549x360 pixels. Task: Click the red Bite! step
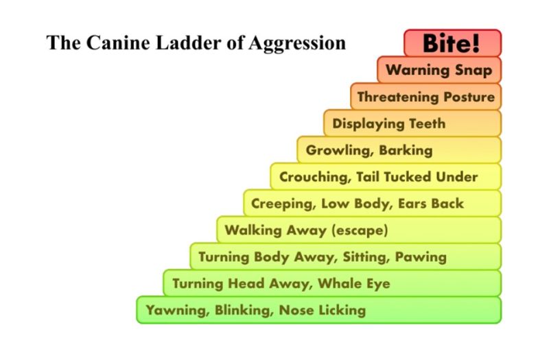452,43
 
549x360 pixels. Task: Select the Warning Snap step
439,70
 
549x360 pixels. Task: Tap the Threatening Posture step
425,97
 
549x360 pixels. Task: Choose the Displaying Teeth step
389,123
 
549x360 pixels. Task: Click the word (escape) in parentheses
360,230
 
